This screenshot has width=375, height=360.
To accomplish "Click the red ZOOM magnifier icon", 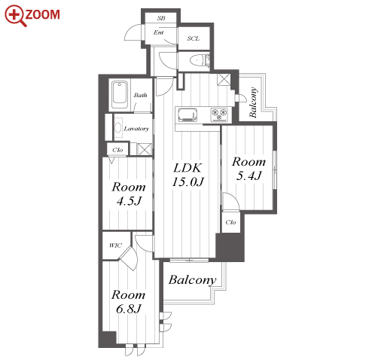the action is pyautogui.click(x=15, y=16).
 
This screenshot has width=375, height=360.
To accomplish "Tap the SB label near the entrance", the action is pyautogui.click(x=161, y=18).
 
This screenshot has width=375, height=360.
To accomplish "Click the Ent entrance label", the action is pyautogui.click(x=159, y=32).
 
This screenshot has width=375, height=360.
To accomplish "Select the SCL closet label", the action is pyautogui.click(x=194, y=38).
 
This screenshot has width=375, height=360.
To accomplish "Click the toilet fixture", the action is pyautogui.click(x=200, y=60).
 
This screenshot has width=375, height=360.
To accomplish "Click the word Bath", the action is pyautogui.click(x=140, y=95).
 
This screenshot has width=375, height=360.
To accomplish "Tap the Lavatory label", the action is pyautogui.click(x=136, y=129).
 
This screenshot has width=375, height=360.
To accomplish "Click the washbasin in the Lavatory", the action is pyautogui.click(x=118, y=128).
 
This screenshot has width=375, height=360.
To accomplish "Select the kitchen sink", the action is pyautogui.click(x=187, y=114).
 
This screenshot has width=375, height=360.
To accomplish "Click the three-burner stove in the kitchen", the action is pyautogui.click(x=219, y=114).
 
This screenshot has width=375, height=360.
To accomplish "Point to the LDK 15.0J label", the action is pyautogui.click(x=187, y=175).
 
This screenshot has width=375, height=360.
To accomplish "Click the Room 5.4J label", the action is pyautogui.click(x=248, y=169).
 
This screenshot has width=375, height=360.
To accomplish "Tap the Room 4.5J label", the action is pyautogui.click(x=129, y=194).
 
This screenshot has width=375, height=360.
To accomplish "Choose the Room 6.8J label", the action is pyautogui.click(x=129, y=301).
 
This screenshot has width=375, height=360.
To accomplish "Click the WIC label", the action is pyautogui.click(x=115, y=246).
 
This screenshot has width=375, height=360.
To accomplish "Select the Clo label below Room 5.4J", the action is pyautogui.click(x=230, y=222).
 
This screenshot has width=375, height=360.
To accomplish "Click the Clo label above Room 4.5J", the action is pyautogui.click(x=117, y=150).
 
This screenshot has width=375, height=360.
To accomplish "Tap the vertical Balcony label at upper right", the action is pyautogui.click(x=253, y=102).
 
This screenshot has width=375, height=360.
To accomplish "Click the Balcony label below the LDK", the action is pyautogui.click(x=192, y=280).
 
